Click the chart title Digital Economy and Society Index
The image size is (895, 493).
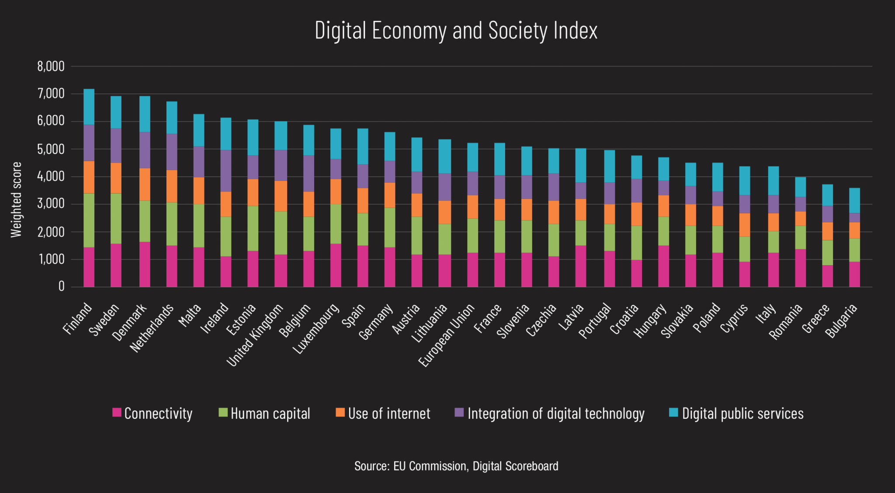[456, 31]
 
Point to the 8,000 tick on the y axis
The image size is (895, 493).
[51, 66]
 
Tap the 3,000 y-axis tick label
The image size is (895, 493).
[51, 204]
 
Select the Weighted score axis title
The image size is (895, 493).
[16, 200]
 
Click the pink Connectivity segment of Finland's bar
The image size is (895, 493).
[89, 267]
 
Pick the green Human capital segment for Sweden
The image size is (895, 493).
[116, 219]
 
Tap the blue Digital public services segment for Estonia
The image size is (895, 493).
[253, 137]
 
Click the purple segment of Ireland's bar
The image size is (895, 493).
[225, 171]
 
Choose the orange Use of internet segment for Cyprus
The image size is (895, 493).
[745, 225]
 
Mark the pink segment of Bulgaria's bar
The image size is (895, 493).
[854, 274]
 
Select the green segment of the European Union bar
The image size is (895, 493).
[472, 236]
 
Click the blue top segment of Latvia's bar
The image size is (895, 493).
[581, 165]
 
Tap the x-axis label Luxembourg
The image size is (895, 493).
[316, 329]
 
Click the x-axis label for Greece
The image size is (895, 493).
[815, 319]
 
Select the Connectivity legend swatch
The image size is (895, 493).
[117, 412]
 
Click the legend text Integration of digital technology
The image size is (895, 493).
[556, 413]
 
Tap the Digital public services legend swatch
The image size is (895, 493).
[673, 412]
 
